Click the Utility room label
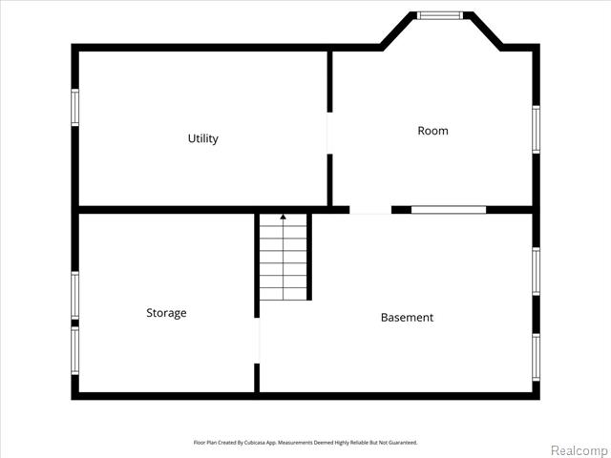tap(203, 138)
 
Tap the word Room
tap(432, 131)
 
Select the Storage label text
tap(166, 313)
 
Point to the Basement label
tap(407, 318)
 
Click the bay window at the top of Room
tap(440, 15)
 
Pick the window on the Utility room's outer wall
tap(74, 108)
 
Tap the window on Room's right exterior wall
tap(537, 130)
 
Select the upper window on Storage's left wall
tap(74, 295)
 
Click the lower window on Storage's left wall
tap(74, 350)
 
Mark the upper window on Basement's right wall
tap(537, 271)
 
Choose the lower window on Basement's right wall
tap(537, 358)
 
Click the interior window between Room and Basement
tap(449, 210)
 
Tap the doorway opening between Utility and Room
tap(329, 134)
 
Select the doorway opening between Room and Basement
tap(370, 210)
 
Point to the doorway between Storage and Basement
tap(257, 341)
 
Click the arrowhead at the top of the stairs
tap(284, 217)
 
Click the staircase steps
tap(284, 257)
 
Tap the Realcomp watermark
tap(579, 450)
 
